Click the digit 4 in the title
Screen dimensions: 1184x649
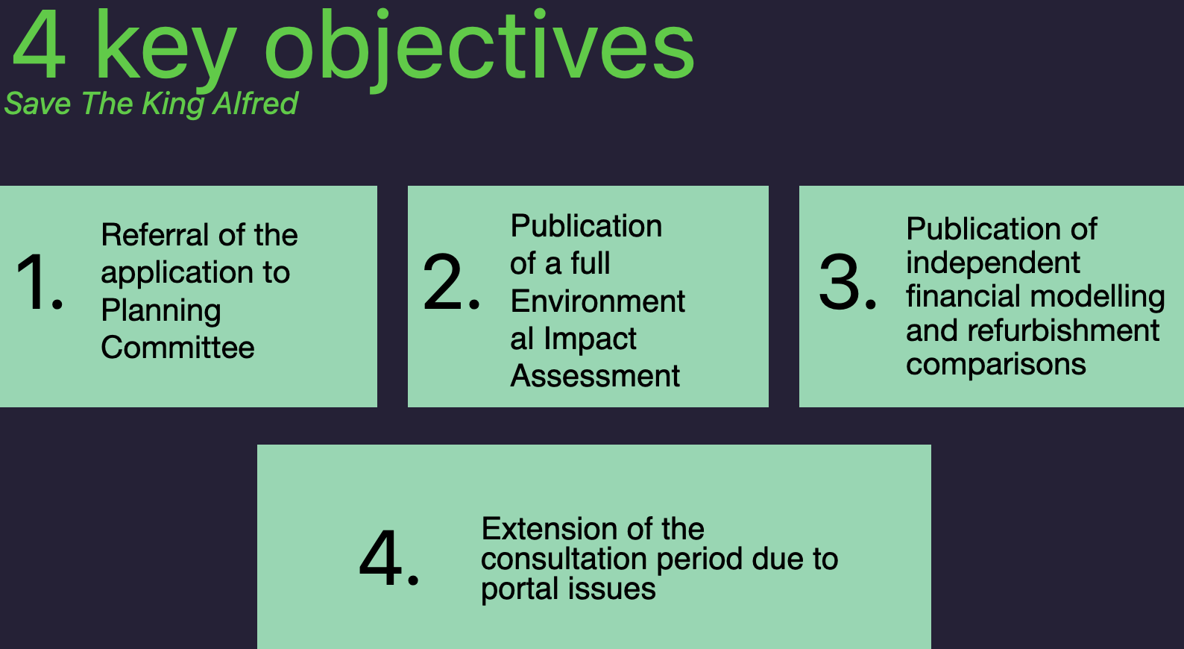[39, 45]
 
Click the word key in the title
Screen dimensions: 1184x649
[166, 51]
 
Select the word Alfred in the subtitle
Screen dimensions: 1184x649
[255, 103]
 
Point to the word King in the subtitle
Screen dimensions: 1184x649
[174, 104]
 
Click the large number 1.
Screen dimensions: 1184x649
[40, 281]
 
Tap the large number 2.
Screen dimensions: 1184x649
[451, 281]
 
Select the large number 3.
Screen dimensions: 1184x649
[847, 281]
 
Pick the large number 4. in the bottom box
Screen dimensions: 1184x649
[389, 557]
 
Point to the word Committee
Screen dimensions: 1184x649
[177, 347]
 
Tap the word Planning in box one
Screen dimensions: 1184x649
[161, 310]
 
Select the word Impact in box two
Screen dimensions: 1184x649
[590, 339]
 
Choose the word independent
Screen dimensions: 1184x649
[992, 263]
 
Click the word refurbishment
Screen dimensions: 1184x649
[1063, 330]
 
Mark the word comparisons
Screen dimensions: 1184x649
[996, 365]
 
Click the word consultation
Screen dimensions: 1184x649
[564, 559]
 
